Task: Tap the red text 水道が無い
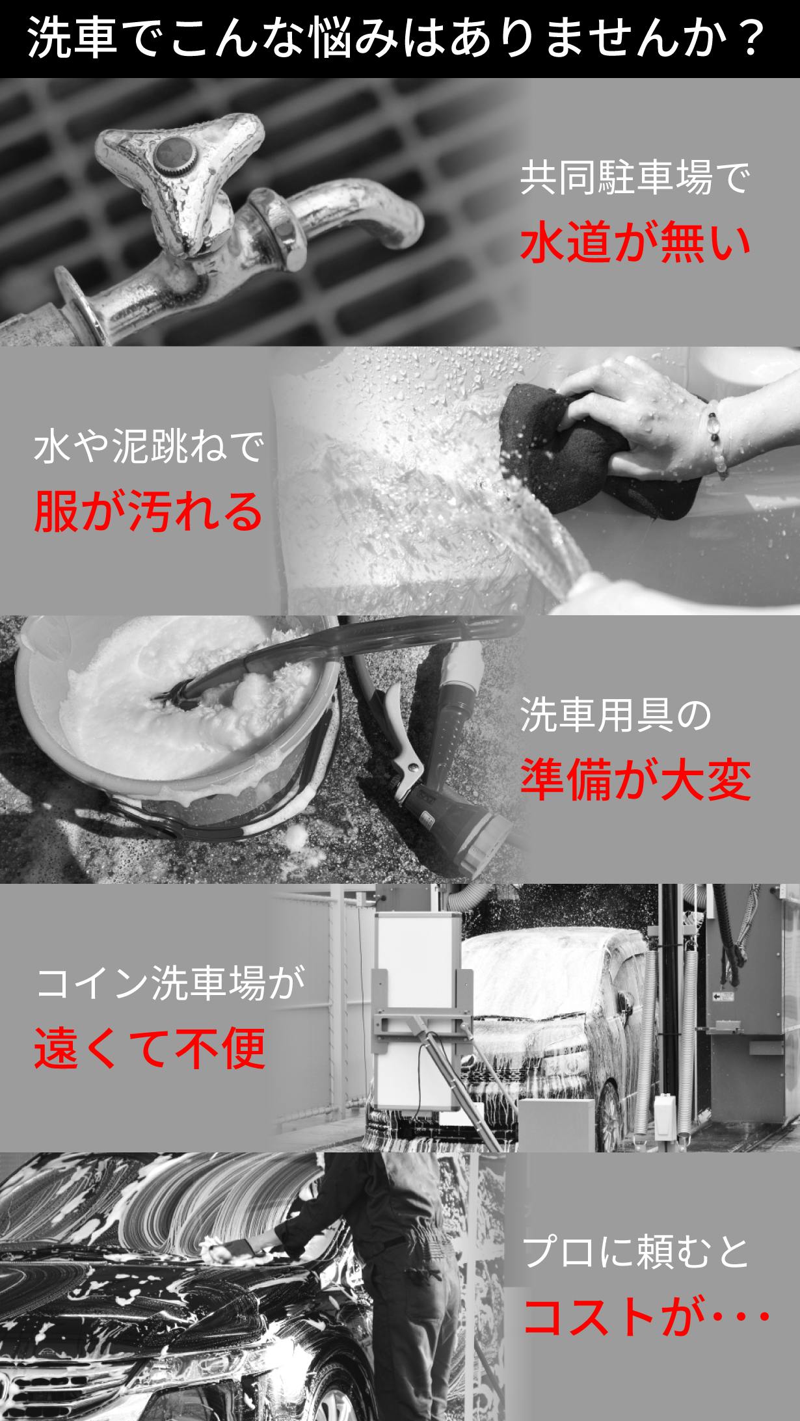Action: pyautogui.click(x=635, y=242)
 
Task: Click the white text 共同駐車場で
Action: pyautogui.click(x=635, y=177)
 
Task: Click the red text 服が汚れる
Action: pyautogui.click(x=149, y=511)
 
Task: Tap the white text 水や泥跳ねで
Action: pyautogui.click(x=149, y=447)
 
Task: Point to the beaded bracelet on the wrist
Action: pyautogui.click(x=717, y=438)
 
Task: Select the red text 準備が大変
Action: pyautogui.click(x=635, y=780)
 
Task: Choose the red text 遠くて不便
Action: pyautogui.click(x=150, y=1049)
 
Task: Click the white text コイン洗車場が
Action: pyautogui.click(x=170, y=984)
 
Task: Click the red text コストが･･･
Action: pyautogui.click(x=647, y=1318)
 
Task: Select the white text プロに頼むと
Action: pyautogui.click(x=636, y=1253)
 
